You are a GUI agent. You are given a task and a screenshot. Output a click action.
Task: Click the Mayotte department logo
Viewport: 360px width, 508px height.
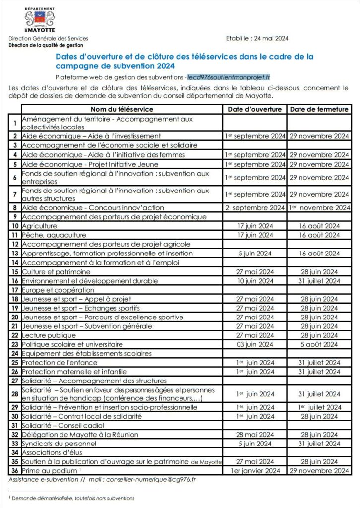tap(40, 20)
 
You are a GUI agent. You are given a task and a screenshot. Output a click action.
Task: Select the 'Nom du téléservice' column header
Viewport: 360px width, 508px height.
tap(122, 109)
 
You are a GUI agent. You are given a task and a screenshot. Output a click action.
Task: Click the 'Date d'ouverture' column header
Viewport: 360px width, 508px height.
tap(255, 109)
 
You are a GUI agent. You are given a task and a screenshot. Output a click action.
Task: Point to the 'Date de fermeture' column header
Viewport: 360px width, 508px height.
tap(319, 109)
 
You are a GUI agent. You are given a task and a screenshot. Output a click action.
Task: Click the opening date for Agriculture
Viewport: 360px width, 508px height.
tap(255, 226)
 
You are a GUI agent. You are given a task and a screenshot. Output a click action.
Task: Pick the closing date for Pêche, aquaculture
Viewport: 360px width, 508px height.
tap(319, 235)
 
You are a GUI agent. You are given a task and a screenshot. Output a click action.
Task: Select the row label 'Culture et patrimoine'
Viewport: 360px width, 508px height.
tap(56, 272)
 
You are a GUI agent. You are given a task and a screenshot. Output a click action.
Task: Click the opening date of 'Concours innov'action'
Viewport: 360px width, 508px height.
tap(255, 208)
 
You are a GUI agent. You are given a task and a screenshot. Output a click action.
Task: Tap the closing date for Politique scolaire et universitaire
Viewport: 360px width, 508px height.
tap(319, 344)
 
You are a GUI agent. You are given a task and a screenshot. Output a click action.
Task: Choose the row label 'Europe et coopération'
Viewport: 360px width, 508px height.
tap(58, 290)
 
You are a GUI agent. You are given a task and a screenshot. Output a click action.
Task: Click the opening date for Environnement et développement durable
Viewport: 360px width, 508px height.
tap(255, 281)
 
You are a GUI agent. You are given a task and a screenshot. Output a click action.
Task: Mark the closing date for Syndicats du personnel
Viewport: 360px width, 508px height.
tap(319, 444)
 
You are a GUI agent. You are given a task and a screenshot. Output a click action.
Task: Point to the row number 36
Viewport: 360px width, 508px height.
tap(15, 471)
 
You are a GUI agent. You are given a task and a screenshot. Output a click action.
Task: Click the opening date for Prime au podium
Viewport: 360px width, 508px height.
tap(255, 471)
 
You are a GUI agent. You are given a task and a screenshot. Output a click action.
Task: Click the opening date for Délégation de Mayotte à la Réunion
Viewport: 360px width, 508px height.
tap(255, 435)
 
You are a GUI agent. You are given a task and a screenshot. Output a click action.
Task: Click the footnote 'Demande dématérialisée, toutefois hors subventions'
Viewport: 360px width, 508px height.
tap(73, 498)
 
